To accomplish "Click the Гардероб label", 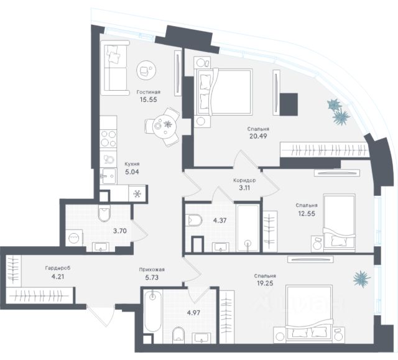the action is [x=57, y=268].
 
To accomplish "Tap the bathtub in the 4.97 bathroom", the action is [x=152, y=316].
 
